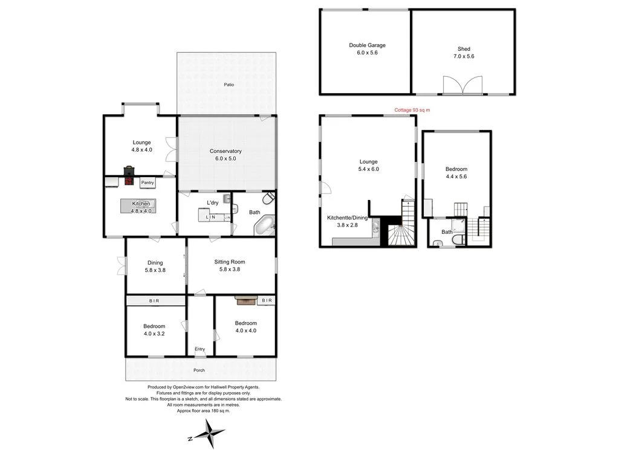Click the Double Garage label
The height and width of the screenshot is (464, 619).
[367, 45]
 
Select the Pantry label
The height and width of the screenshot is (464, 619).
[147, 182]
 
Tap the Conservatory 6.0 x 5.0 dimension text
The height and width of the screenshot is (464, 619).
[225, 158]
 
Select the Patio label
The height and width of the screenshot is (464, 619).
[228, 85]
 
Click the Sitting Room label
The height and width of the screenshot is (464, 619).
[230, 262]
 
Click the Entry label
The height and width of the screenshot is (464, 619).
[199, 349]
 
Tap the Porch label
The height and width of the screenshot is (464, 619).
[199, 370]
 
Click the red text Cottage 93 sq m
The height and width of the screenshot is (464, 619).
[412, 110]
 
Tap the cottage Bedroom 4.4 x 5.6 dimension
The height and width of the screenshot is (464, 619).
[456, 177]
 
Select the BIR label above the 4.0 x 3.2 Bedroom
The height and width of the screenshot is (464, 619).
[155, 300]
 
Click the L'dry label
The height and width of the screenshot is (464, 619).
[212, 202]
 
